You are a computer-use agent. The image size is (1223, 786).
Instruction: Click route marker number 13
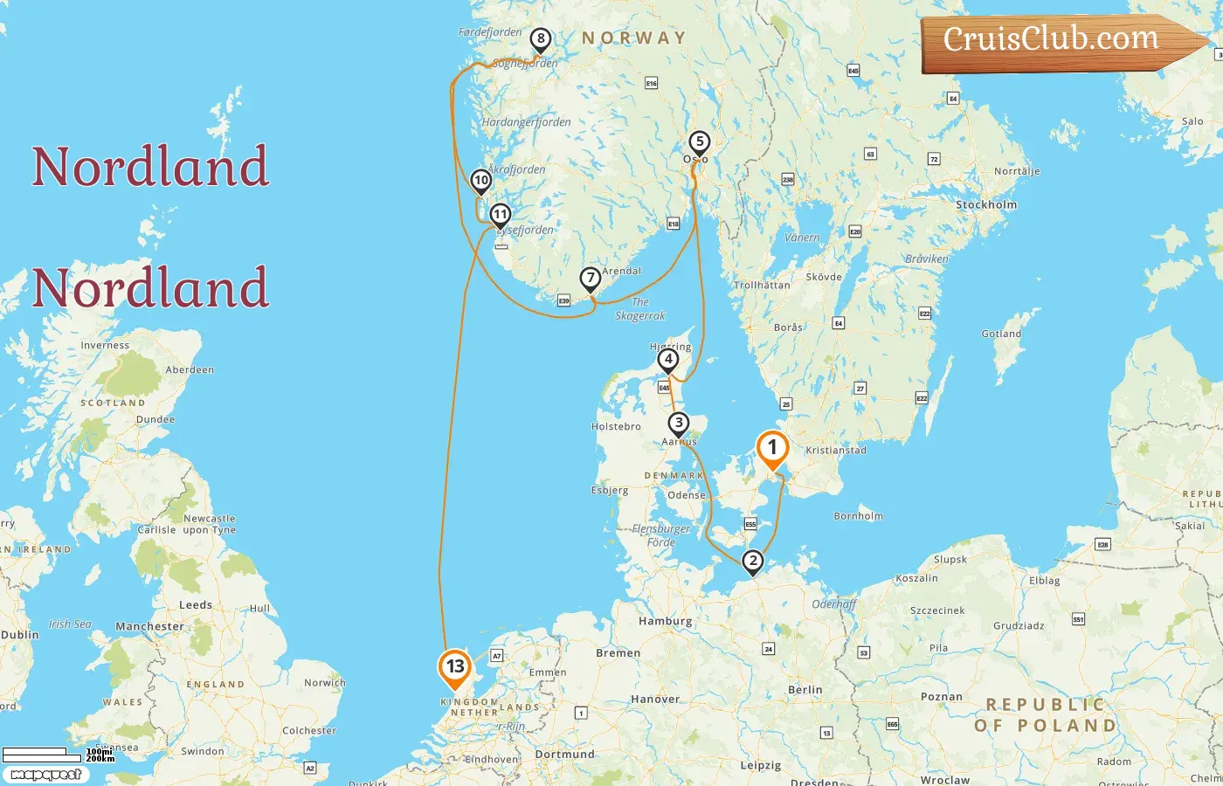[454, 667]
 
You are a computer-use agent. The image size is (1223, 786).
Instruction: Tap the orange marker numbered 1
[772, 448]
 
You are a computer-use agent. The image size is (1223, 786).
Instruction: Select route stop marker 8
[541, 38]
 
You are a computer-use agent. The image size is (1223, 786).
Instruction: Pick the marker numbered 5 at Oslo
[699, 141]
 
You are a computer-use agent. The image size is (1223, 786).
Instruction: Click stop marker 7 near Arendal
[591, 279]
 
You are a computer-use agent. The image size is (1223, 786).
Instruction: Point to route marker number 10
[480, 180]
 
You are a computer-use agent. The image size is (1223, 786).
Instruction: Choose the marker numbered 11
[500, 214]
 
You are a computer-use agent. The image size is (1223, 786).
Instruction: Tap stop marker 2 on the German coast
[752, 561]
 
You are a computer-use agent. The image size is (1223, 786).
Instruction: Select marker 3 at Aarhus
[679, 424]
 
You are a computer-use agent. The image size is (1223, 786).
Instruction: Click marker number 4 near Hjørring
[668, 359]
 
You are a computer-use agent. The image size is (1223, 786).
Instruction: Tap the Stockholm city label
[986, 205]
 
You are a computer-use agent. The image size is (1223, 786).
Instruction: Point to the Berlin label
[805, 690]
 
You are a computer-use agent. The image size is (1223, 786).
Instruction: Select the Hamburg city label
[665, 622]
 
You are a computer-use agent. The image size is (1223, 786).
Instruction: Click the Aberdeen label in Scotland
[190, 370]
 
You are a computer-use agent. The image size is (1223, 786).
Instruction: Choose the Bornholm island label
[858, 516]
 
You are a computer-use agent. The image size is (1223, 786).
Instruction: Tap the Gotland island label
[1001, 334]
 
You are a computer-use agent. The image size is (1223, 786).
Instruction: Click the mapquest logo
[45, 775]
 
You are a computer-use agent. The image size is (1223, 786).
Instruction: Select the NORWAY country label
[634, 38]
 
